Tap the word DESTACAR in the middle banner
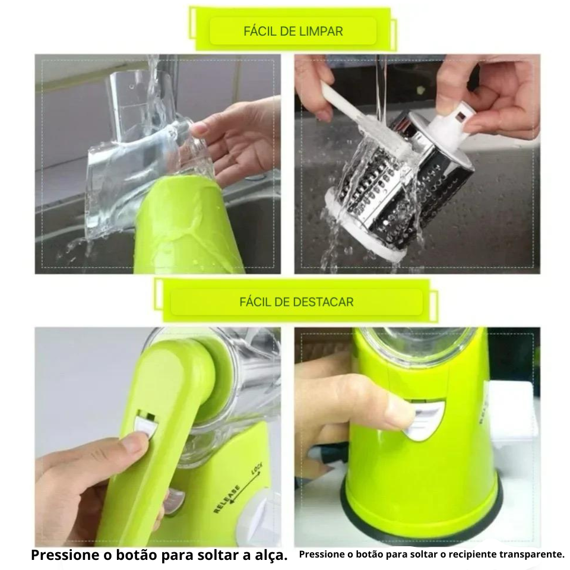(x=323, y=302)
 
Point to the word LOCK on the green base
(x=256, y=469)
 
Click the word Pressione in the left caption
(x=66, y=555)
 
